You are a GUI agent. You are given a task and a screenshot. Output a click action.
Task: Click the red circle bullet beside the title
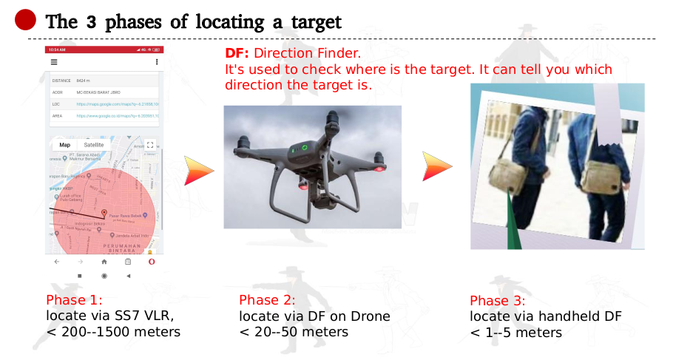[26, 20]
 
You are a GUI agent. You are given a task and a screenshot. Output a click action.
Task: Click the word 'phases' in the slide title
[136, 22]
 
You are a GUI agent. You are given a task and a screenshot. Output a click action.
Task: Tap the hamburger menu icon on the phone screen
[53, 61]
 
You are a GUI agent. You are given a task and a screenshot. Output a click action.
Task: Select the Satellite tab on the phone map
[94, 145]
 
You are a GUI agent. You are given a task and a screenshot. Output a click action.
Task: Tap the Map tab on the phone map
[65, 145]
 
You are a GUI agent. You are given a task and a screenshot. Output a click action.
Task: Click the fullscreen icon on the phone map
[150, 145]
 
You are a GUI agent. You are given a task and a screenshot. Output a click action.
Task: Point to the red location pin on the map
[104, 214]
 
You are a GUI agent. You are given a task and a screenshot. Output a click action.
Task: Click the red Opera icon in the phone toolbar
[151, 262]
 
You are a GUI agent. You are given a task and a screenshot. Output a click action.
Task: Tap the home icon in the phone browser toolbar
[104, 262]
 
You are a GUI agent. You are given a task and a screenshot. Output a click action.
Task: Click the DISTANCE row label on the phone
[61, 81]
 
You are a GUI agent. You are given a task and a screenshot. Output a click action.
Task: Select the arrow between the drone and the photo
[436, 166]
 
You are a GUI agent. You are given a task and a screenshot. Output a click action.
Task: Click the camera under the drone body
[305, 186]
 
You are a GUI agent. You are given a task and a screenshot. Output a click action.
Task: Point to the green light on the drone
[302, 148]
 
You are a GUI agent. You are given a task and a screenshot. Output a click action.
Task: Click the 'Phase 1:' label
[74, 300]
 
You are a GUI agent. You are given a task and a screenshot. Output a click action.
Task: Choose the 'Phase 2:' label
[267, 300]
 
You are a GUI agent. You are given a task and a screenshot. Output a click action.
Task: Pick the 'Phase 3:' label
[498, 301]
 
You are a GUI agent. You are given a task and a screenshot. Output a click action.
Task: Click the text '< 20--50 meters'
[294, 332]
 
